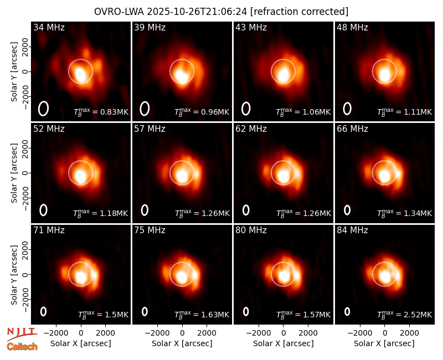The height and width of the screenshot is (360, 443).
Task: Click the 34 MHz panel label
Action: point(49,27)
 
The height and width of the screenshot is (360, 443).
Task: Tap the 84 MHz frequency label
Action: point(352,230)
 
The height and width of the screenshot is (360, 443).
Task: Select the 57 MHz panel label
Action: point(150,129)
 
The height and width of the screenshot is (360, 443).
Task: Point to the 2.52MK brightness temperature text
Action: point(405,315)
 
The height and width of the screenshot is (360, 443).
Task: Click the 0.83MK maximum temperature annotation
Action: point(101,112)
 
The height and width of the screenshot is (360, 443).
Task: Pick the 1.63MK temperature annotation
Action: point(202,315)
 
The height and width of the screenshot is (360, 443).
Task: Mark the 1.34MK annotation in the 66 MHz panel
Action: point(405,213)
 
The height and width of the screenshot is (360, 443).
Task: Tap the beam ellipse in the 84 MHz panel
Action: point(347,311)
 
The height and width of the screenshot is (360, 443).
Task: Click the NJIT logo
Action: point(22,334)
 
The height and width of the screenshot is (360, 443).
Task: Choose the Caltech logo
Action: point(22,347)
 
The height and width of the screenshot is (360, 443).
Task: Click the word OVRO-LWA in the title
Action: point(119,12)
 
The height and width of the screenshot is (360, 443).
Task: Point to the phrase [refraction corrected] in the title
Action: point(299,12)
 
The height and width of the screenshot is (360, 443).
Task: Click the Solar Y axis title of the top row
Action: point(14,72)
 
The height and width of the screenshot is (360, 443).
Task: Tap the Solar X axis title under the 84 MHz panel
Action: point(384,343)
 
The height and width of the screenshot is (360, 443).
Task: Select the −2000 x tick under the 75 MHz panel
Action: point(157,333)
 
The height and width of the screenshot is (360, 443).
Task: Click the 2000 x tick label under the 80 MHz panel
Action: point(308,333)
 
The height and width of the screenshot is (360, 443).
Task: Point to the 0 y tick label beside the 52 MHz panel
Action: point(25,173)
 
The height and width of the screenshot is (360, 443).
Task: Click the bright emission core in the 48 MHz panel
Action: point(384,75)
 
